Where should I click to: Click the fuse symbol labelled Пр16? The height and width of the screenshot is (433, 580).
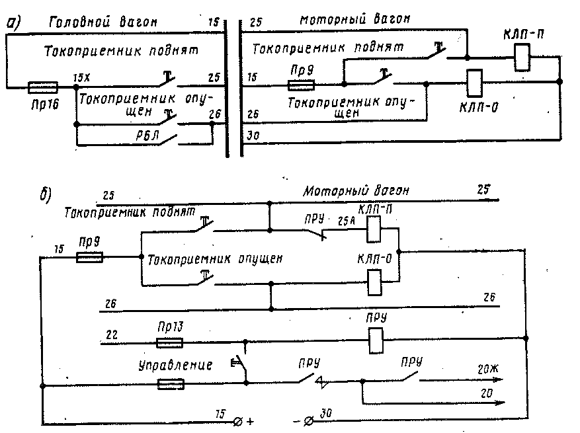(x=44, y=87)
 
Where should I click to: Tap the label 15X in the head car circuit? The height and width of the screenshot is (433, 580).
(x=81, y=78)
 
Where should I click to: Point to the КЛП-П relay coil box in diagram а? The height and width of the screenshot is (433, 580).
(x=521, y=58)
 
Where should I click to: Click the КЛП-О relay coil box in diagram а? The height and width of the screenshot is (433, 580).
(x=474, y=83)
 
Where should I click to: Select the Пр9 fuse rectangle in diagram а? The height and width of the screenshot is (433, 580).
(x=301, y=85)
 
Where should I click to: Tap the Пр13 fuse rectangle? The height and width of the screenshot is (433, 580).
(x=169, y=342)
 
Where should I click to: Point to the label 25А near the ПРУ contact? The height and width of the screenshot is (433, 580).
(x=347, y=221)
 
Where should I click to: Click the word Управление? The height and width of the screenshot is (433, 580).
(x=175, y=364)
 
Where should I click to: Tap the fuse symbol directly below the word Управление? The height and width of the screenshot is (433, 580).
(x=171, y=384)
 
